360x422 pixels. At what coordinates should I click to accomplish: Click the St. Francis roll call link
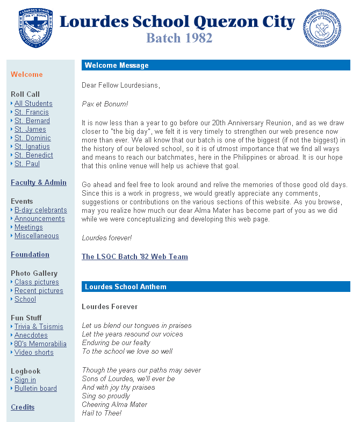click(x=31, y=112)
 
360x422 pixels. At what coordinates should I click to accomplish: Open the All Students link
click(x=33, y=104)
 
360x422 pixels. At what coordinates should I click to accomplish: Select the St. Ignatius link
click(x=32, y=147)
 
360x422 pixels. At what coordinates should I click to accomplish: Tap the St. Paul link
click(x=27, y=164)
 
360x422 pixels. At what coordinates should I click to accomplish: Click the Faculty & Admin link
click(x=39, y=183)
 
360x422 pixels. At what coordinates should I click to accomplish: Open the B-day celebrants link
click(x=40, y=210)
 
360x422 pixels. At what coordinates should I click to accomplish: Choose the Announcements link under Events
click(x=39, y=219)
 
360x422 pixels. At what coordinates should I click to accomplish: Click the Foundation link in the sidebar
click(x=30, y=255)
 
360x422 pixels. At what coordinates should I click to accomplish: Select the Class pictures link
click(x=37, y=282)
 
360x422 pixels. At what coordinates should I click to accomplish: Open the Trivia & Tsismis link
click(x=39, y=327)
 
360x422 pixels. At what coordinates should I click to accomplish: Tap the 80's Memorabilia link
click(x=40, y=344)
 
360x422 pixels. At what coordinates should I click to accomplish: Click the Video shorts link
click(x=34, y=353)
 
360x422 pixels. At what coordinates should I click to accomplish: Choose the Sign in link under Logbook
click(x=25, y=380)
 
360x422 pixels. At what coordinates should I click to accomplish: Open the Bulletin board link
click(x=35, y=389)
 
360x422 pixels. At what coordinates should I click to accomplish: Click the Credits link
click(x=23, y=407)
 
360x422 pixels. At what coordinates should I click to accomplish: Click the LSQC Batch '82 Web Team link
click(x=135, y=257)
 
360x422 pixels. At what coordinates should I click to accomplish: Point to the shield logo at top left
click(x=35, y=26)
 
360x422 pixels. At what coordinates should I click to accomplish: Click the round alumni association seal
click(x=322, y=28)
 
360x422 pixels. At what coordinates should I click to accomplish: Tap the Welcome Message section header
click(x=215, y=66)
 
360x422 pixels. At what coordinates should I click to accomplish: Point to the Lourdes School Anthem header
click(x=215, y=287)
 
